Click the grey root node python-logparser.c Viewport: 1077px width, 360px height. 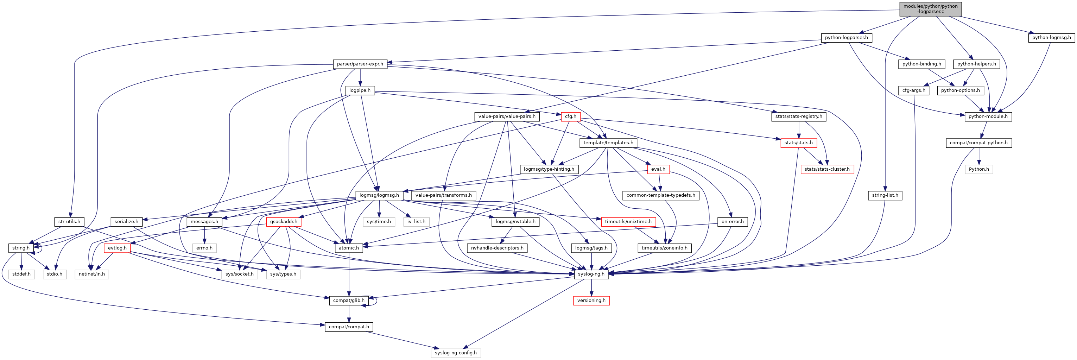click(930, 9)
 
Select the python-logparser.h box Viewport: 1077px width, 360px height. click(846, 38)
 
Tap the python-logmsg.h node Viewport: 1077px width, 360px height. click(1051, 38)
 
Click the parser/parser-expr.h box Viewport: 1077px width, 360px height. click(360, 64)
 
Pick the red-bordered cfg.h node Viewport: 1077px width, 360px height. click(570, 116)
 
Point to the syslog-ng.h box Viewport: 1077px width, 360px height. click(591, 274)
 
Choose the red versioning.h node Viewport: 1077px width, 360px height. click(591, 300)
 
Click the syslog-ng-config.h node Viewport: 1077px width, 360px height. click(455, 353)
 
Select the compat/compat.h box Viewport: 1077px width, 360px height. click(349, 327)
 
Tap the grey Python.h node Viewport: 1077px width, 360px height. click(979, 169)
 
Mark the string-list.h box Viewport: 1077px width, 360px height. click(885, 195)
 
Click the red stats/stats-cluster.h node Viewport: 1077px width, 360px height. click(827, 169)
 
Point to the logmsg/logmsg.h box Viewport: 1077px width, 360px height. click(379, 195)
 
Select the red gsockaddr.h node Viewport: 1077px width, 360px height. click(284, 222)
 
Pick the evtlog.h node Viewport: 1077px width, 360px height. click(117, 248)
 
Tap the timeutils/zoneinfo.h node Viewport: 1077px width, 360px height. click(664, 248)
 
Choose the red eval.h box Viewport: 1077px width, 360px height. click(658, 169)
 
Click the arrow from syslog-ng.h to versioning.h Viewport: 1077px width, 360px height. click(591, 287)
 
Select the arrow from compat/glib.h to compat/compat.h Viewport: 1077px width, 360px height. click(349, 314)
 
